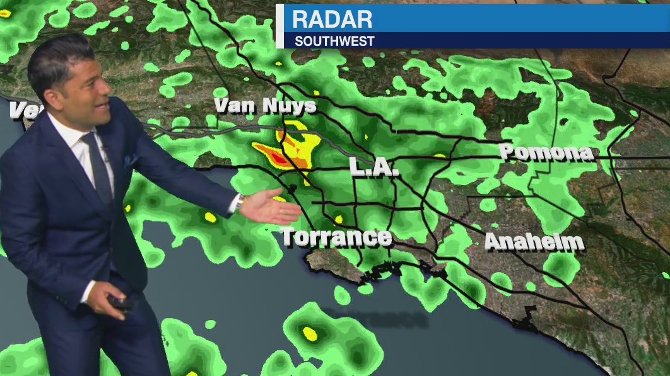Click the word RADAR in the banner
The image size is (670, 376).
pyautogui.click(x=332, y=19)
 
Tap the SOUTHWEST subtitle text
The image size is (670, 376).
pyautogui.click(x=334, y=42)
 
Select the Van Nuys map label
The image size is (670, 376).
pyautogui.click(x=265, y=106)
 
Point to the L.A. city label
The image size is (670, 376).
pyautogui.click(x=375, y=168)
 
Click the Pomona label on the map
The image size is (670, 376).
pyautogui.click(x=546, y=152)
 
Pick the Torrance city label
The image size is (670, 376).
pyautogui.click(x=336, y=237)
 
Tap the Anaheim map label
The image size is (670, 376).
pyautogui.click(x=534, y=242)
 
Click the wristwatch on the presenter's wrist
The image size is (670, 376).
pyautogui.click(x=240, y=203)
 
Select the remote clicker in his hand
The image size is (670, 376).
pyautogui.click(x=120, y=303)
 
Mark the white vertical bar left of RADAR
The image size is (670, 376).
pyautogui.click(x=279, y=26)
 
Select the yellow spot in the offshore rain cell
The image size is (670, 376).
pyautogui.click(x=309, y=332)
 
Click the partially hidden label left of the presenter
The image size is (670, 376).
pyautogui.click(x=19, y=111)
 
